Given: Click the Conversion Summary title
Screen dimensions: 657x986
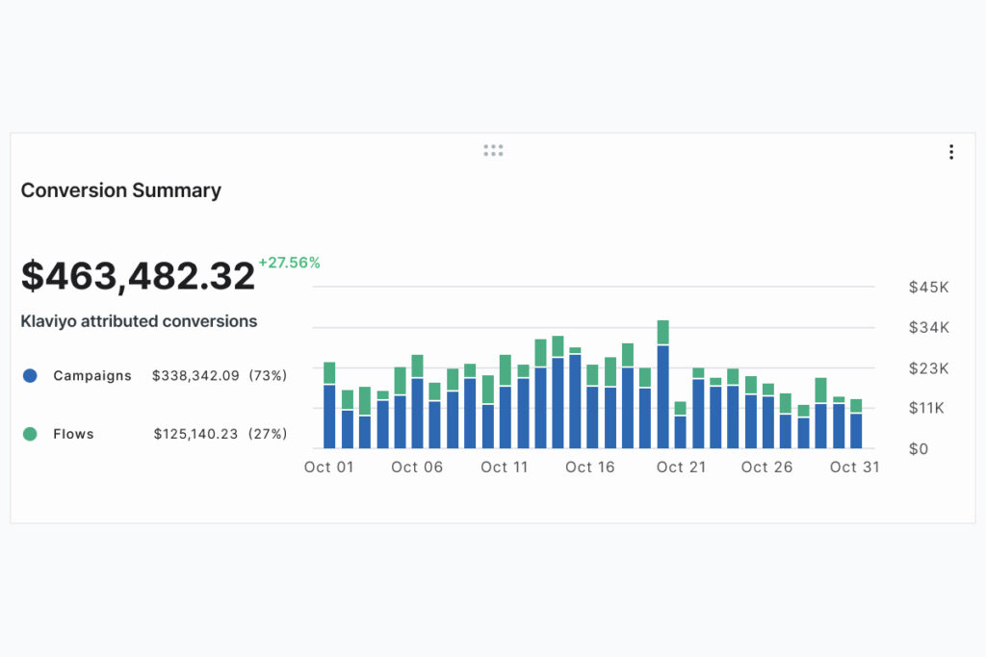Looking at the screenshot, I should [120, 190].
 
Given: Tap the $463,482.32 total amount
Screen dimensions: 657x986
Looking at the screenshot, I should [138, 276].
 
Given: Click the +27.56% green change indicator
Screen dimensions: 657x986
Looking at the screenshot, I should [289, 262].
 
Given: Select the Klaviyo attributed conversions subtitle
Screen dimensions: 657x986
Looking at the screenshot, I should [139, 321].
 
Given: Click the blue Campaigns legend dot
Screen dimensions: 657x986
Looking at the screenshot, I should [30, 376].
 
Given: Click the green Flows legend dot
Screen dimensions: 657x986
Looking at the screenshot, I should [30, 434].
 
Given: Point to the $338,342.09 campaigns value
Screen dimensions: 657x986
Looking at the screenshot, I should [195, 376].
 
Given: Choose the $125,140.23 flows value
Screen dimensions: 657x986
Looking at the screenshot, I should [196, 434].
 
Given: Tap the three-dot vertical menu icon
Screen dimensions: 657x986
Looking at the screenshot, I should [951, 152].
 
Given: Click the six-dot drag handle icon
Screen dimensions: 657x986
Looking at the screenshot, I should [493, 151].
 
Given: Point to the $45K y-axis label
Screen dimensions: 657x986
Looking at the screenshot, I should [928, 287].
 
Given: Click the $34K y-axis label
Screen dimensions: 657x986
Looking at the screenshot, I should [928, 327].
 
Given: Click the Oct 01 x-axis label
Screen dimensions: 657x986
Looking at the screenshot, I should [329, 467].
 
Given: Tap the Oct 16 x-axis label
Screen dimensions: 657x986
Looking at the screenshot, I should [590, 467].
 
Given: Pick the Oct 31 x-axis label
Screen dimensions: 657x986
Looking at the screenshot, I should [855, 467].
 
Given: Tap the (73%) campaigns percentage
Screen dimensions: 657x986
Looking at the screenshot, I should [269, 376].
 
